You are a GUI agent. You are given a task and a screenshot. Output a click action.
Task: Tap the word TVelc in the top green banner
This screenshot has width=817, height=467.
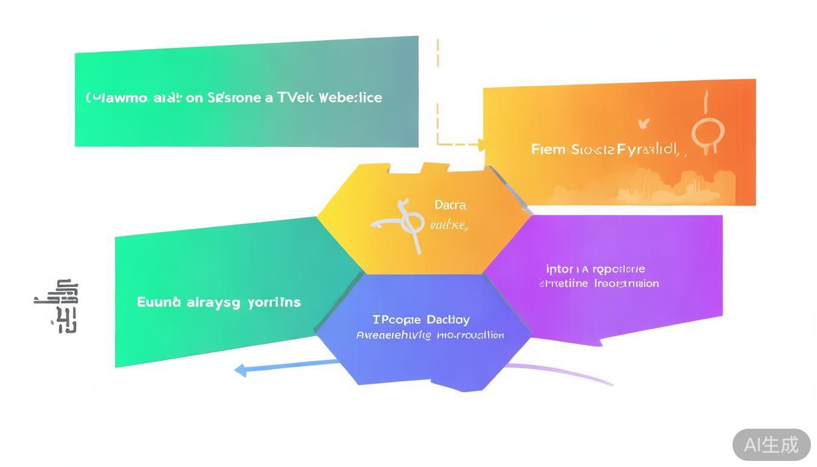pyautogui.click(x=295, y=97)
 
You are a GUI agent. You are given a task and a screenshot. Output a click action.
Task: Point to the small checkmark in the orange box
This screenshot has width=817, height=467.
pyautogui.click(x=644, y=124)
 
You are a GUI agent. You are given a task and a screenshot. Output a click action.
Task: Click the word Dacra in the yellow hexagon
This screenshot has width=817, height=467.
pyautogui.click(x=450, y=206)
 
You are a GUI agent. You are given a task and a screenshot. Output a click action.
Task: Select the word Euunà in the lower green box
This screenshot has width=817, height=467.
pyautogui.click(x=159, y=302)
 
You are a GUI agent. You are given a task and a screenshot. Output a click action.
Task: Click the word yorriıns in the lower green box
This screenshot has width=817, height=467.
pyautogui.click(x=274, y=302)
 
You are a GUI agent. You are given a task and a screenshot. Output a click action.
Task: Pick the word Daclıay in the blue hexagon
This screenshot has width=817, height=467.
pyautogui.click(x=448, y=319)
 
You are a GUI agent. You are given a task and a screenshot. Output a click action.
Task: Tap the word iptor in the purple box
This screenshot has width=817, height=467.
pyautogui.click(x=559, y=269)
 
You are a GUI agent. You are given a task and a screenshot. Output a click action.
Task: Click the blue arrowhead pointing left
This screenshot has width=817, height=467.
pyautogui.click(x=241, y=369)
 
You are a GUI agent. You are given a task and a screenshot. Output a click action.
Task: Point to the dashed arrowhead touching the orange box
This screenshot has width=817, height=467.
pyautogui.click(x=481, y=145)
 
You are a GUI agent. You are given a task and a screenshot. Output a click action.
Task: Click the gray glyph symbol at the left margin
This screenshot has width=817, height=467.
pyautogui.click(x=60, y=306)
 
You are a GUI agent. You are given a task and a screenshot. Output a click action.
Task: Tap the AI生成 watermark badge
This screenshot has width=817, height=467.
pyautogui.click(x=771, y=445)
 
